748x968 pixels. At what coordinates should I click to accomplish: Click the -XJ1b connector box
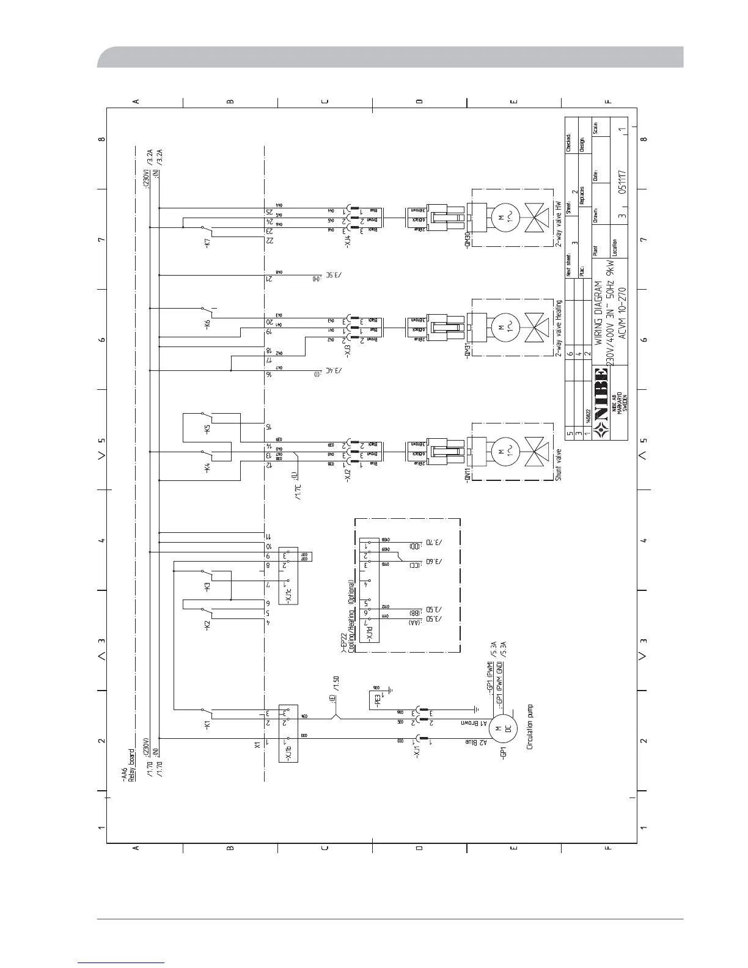pos(288,733)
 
